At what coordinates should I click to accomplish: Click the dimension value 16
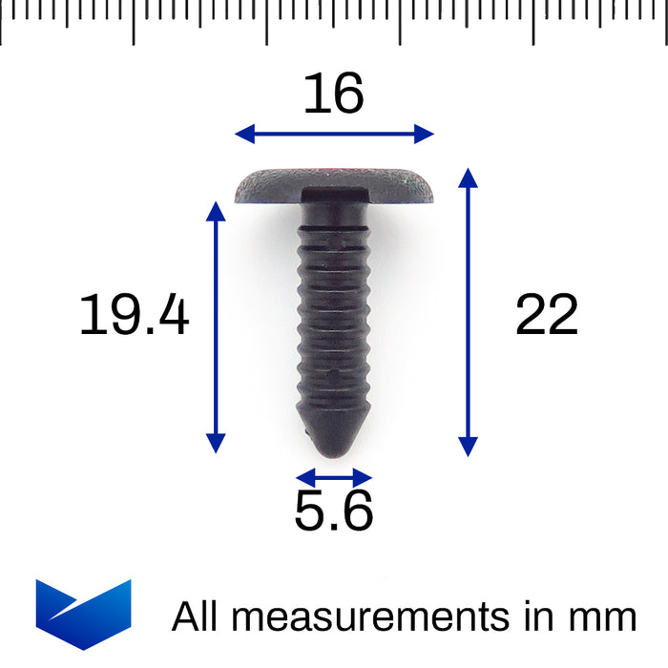[x=334, y=94]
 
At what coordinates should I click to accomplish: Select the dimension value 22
[x=547, y=316]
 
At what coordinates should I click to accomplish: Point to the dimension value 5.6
[x=333, y=512]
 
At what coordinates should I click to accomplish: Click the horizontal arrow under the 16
[x=334, y=134]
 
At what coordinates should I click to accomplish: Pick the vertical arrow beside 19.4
[x=216, y=326]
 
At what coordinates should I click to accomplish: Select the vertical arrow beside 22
[x=467, y=312]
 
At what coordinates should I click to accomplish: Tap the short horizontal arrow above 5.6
[x=333, y=477]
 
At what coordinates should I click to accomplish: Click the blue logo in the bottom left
[x=83, y=614]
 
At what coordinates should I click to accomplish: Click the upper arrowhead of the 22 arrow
[x=467, y=177]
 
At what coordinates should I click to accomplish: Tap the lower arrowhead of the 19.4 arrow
[x=216, y=443]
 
